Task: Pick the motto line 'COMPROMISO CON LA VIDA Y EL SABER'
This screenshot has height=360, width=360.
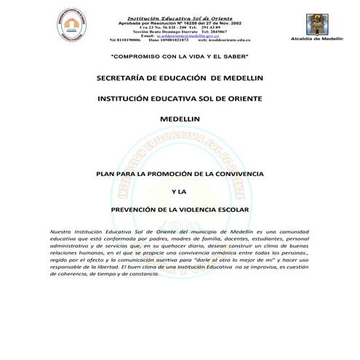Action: [179, 56]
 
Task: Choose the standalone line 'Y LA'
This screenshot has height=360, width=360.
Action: [179, 192]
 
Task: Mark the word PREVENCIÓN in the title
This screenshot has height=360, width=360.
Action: [138, 209]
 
